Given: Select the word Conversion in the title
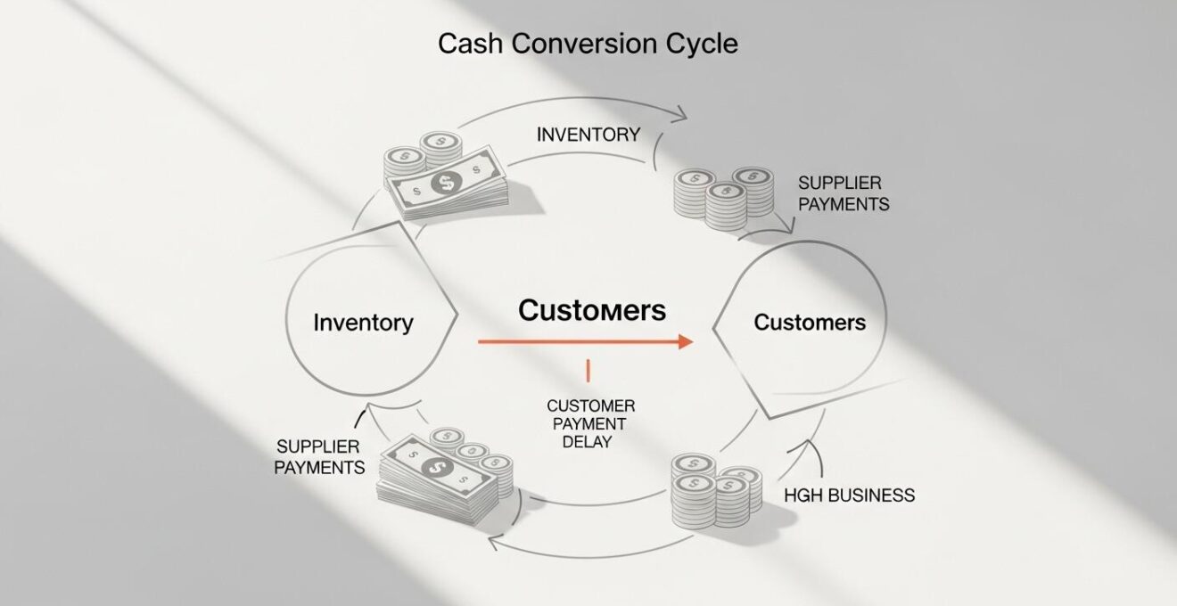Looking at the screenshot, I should pyautogui.click(x=579, y=44).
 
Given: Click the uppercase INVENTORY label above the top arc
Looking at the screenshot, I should pyautogui.click(x=588, y=135).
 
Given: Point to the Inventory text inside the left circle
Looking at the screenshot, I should pyautogui.click(x=363, y=322).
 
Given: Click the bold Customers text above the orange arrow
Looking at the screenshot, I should pyautogui.click(x=592, y=310).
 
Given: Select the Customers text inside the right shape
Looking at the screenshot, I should pyautogui.click(x=810, y=322).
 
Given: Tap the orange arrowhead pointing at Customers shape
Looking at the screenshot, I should pyautogui.click(x=685, y=341).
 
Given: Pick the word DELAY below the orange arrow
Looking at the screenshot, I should pyautogui.click(x=588, y=441).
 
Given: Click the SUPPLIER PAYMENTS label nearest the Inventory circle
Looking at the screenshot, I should pyautogui.click(x=319, y=455).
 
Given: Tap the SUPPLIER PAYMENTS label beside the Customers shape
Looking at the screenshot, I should pyautogui.click(x=843, y=192).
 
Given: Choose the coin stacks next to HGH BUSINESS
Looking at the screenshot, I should pyautogui.click(x=715, y=493).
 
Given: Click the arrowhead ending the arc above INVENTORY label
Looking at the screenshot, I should pyautogui.click(x=680, y=114).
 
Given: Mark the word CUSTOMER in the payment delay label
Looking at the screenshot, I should pyautogui.click(x=590, y=405).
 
